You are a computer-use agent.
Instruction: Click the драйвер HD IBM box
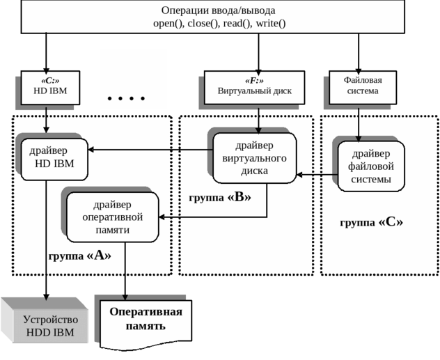tap(54, 159)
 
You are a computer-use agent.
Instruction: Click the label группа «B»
tap(219, 198)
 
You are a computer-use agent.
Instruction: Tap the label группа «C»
tap(372, 223)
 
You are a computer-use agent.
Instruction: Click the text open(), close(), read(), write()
tap(219, 24)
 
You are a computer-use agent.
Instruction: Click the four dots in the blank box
tap(133, 97)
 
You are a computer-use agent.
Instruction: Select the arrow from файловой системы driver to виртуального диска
tap(317, 175)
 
